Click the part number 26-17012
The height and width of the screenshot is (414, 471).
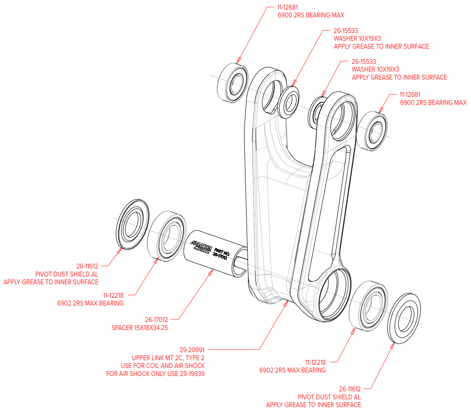[x=156, y=319]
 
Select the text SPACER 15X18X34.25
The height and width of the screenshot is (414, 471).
[x=140, y=328]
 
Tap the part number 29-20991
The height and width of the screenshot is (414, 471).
[x=192, y=350]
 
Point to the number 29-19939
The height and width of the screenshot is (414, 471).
[x=192, y=374]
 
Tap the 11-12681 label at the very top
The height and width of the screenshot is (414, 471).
[x=288, y=7]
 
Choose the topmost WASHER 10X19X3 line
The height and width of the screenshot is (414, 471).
[x=357, y=38]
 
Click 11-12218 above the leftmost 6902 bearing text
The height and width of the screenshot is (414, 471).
[x=113, y=295]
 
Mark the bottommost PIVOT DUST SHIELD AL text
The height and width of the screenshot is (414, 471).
[x=329, y=397]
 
